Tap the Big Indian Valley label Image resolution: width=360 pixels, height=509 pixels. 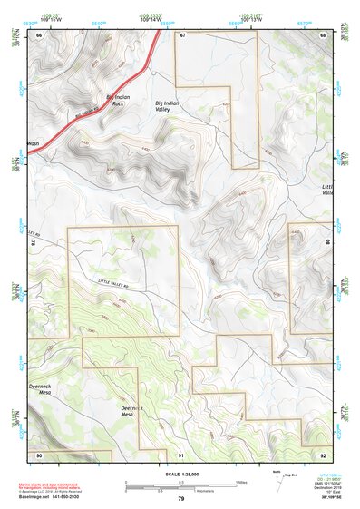point(170,106)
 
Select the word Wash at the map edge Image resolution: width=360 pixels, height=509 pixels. point(34,143)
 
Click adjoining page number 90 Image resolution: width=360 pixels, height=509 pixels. point(39,454)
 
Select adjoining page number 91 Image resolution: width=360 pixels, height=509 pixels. point(181,454)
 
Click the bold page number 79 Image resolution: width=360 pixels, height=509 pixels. point(181,498)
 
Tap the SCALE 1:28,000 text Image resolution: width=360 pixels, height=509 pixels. point(180,473)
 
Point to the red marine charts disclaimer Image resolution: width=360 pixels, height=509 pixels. point(54,487)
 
